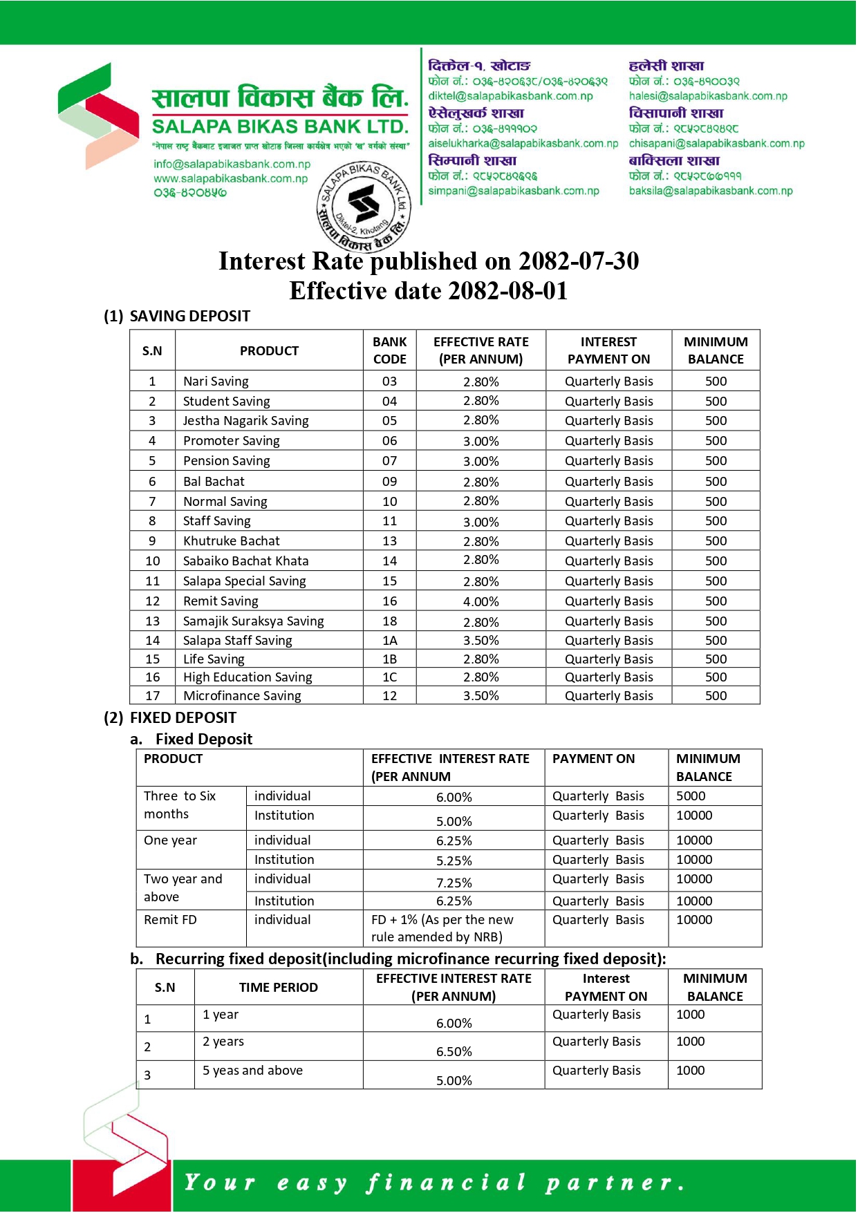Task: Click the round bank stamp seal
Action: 364,205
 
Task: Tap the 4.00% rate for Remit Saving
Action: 481,601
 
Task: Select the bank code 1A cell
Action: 390,641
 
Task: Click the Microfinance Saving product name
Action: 242,696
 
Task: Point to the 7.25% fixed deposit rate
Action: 454,883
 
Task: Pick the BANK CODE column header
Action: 390,350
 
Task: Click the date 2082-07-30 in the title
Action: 579,261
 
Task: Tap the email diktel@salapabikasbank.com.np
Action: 510,96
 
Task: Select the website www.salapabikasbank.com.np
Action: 230,178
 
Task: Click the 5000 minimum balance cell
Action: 691,796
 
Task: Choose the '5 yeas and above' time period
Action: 252,1071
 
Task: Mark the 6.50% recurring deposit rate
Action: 454,1051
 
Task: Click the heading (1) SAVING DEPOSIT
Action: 177,316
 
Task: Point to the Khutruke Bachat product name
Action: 231,541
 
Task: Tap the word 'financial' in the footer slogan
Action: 446,1183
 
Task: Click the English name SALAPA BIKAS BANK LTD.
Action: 280,127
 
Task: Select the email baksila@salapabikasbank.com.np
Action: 711,191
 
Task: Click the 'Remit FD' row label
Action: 170,920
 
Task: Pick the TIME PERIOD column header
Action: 279,987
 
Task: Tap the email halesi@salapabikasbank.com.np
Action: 708,96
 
